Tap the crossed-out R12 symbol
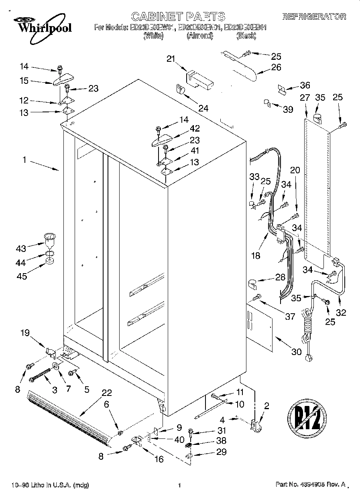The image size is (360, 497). (x=307, y=419)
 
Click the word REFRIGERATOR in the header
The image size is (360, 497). (x=314, y=17)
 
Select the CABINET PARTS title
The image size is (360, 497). (x=178, y=16)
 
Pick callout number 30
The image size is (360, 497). (x=296, y=351)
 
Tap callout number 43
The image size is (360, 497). (x=20, y=249)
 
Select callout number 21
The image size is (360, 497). (x=171, y=59)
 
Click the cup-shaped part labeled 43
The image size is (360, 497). (x=49, y=241)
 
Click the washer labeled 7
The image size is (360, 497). (x=55, y=366)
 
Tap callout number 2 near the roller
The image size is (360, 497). (x=266, y=406)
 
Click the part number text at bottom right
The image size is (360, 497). (x=310, y=485)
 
